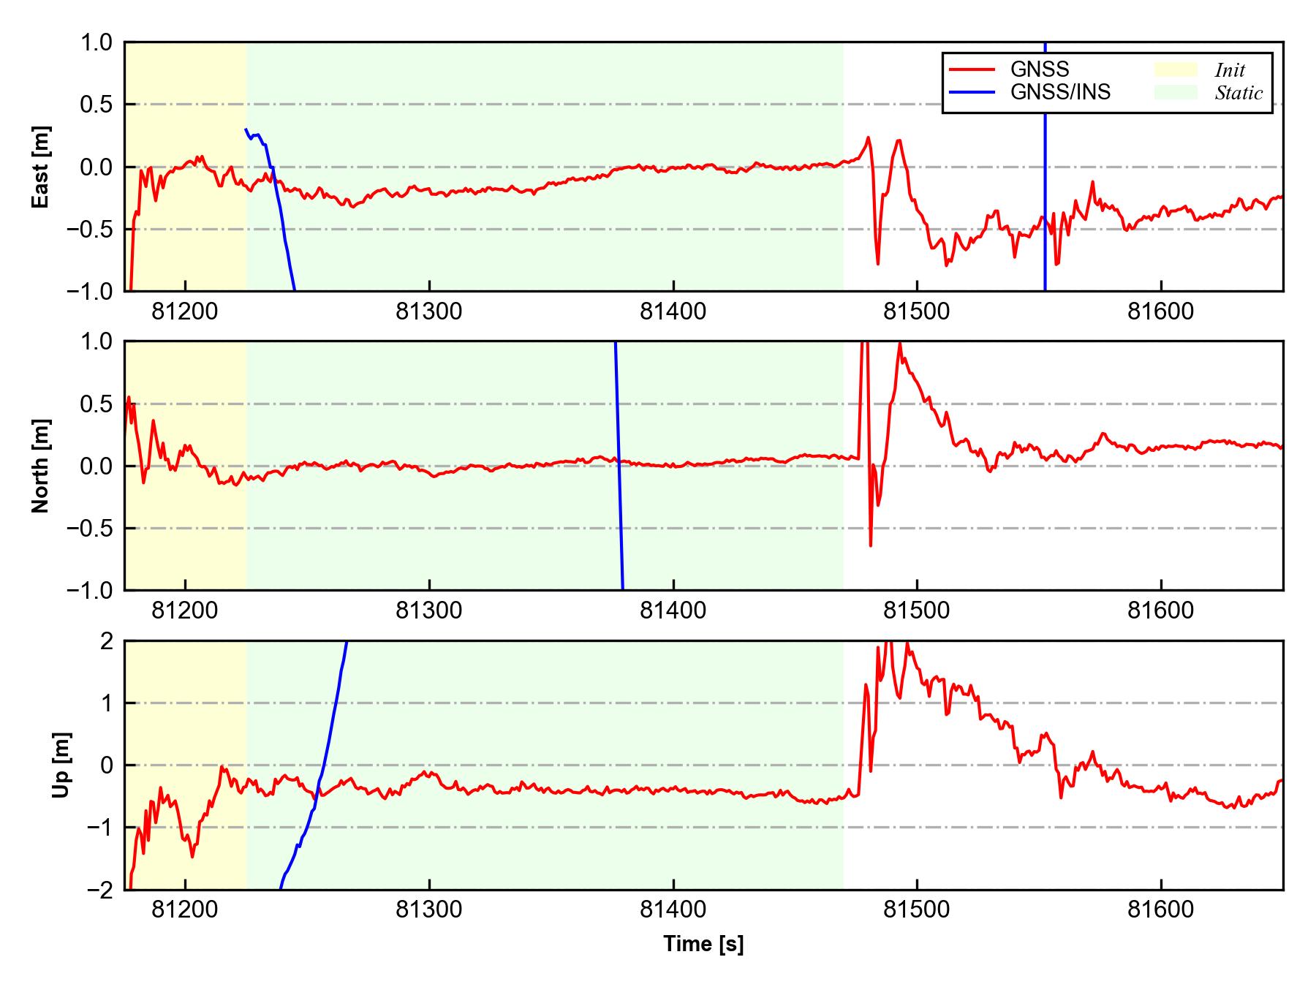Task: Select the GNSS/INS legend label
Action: (1060, 92)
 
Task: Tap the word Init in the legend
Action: (1230, 70)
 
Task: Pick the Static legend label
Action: (1239, 93)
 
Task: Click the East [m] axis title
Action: (41, 167)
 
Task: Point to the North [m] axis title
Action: (41, 466)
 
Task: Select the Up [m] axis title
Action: (61, 765)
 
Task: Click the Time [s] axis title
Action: (703, 944)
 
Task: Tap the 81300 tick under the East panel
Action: (429, 311)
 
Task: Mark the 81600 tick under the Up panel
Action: (1161, 910)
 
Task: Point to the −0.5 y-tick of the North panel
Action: (90, 528)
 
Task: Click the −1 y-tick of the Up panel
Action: (99, 828)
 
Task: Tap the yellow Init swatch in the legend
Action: (1176, 69)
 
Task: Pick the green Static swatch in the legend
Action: (1176, 92)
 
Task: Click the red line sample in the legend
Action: (972, 69)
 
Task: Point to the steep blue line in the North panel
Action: (619, 468)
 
